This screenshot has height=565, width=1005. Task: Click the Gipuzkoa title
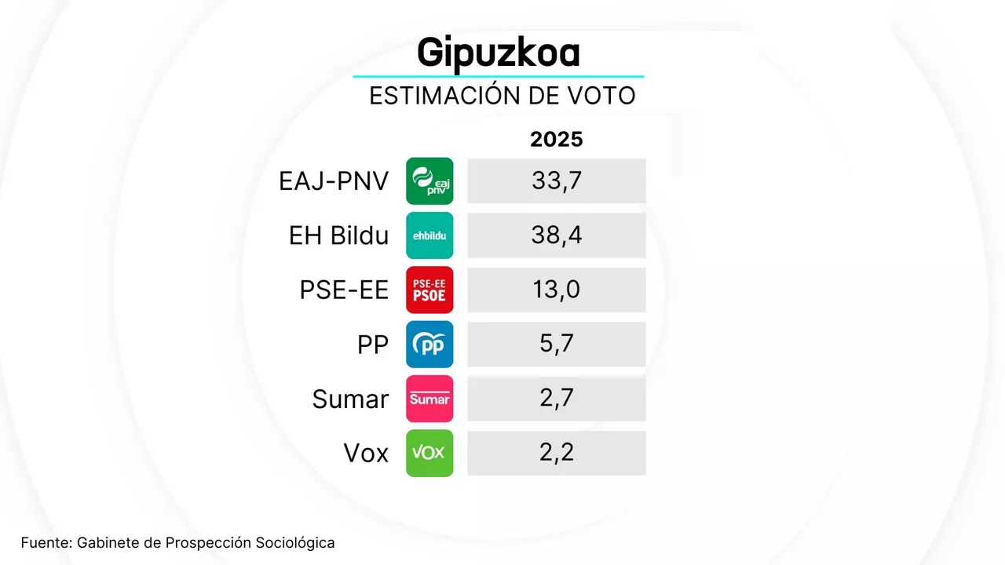coord(499,53)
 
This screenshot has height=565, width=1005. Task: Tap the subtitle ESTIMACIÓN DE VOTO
coord(502,96)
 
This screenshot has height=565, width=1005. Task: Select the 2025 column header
coord(556,139)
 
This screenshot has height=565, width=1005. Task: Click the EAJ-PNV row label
coord(334,181)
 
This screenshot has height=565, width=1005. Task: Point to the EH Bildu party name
coord(338,235)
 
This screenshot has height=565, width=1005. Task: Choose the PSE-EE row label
coord(344,290)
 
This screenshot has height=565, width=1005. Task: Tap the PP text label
coord(373,344)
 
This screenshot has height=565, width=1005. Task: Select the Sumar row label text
coord(350,399)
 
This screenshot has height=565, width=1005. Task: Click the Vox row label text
coord(366,453)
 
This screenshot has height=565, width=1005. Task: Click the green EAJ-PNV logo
coord(429,181)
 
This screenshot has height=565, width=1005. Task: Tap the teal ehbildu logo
coord(429,235)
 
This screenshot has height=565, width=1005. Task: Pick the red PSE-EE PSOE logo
coord(429,290)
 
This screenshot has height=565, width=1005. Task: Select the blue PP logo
coord(429,344)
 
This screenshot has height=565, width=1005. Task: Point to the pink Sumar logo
coord(429,399)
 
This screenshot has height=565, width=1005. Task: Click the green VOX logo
coord(429,453)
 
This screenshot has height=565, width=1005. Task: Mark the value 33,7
coord(556,181)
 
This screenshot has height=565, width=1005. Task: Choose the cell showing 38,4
coord(556,235)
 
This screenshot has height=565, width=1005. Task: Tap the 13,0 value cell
coord(556,290)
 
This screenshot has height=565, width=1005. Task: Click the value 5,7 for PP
coord(556,344)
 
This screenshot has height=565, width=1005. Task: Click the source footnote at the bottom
coord(177,542)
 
